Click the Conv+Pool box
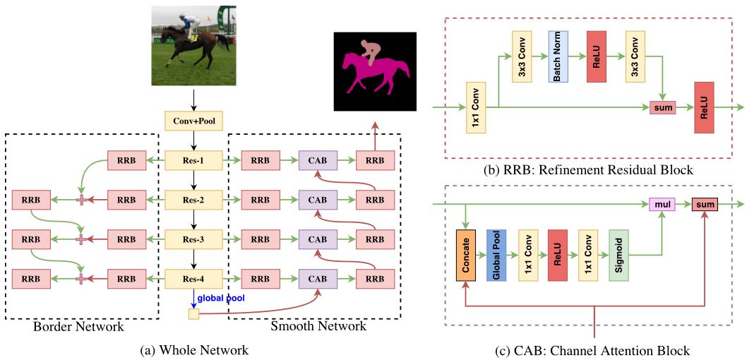[x=193, y=121]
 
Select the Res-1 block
[x=193, y=161]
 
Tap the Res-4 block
[x=193, y=279]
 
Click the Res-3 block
[x=193, y=239]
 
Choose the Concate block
[x=467, y=255]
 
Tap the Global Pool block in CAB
[x=497, y=255]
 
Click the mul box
[x=662, y=205]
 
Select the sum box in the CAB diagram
[x=704, y=205]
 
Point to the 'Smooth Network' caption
[x=318, y=326]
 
